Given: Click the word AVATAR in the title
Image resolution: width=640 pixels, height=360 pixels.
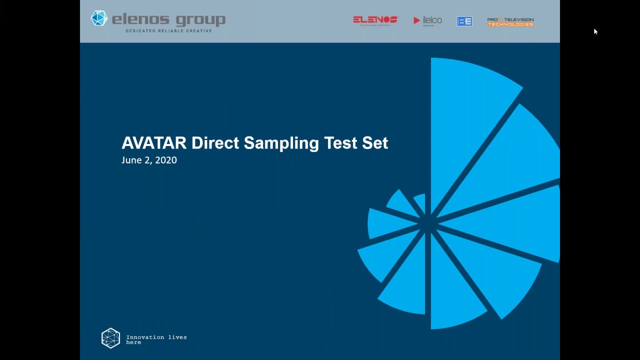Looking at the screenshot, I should (x=154, y=143).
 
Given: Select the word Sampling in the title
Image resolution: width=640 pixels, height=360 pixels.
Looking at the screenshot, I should (x=281, y=143).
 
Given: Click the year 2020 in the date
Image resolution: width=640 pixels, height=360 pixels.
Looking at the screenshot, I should (x=166, y=160).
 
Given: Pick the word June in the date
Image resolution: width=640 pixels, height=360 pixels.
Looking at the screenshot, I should (x=131, y=160).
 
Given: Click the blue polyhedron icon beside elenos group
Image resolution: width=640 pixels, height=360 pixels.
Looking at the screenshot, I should (x=99, y=18).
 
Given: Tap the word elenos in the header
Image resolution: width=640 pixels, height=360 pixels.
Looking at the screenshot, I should (x=141, y=20).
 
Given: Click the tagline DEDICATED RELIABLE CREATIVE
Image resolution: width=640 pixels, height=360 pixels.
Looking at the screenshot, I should (x=169, y=31).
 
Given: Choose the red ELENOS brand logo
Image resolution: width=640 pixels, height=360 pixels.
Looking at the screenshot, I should (x=375, y=20).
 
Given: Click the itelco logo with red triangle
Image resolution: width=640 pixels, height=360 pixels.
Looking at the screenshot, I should (x=427, y=20).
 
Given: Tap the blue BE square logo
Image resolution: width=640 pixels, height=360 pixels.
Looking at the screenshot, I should (x=464, y=21).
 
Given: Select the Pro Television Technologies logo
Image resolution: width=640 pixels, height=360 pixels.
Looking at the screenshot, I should (x=510, y=22).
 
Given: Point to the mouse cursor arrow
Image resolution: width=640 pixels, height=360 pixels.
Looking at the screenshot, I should (x=595, y=31).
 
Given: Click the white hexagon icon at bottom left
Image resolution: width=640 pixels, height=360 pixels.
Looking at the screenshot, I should (x=110, y=338).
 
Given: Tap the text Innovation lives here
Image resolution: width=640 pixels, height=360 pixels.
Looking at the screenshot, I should (x=156, y=339).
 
